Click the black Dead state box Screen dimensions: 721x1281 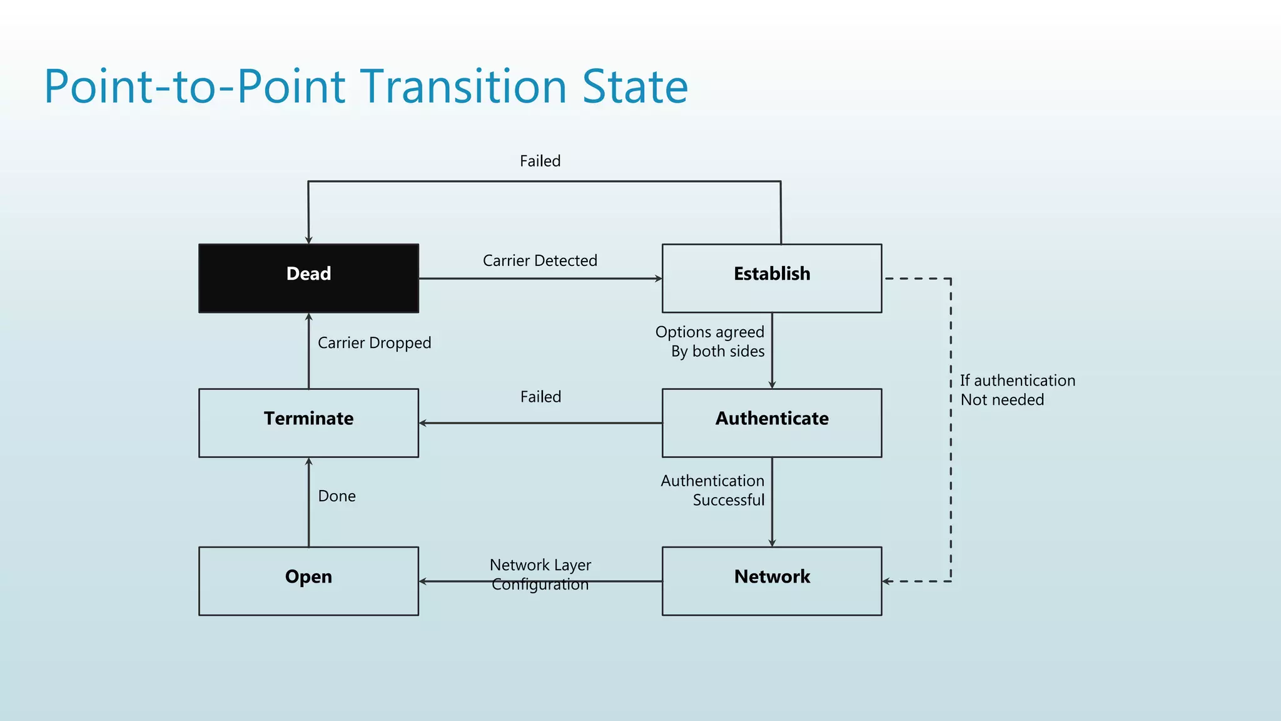tap(308, 278)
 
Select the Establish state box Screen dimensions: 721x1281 tap(772, 278)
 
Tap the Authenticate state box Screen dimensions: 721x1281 tap(772, 423)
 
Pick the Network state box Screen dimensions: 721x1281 tap(772, 581)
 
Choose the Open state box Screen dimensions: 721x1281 tap(308, 581)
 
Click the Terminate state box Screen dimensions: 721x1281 tap(308, 423)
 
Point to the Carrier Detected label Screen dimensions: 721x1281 tap(540, 260)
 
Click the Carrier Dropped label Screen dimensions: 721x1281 tap(374, 343)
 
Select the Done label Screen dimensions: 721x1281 tap(337, 496)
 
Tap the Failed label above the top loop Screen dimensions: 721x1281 tap(540, 161)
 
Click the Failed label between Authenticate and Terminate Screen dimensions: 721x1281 tap(540, 397)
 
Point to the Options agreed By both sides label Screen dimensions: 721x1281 tap(711, 342)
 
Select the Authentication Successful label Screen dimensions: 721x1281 tap(713, 490)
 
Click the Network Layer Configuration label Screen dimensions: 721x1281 tap(540, 574)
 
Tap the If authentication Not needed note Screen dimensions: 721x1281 tap(1017, 390)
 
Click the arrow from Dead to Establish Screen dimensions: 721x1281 tap(540, 279)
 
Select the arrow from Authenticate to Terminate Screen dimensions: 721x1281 tap(540, 423)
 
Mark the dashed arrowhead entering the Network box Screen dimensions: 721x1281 tap(887, 581)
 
